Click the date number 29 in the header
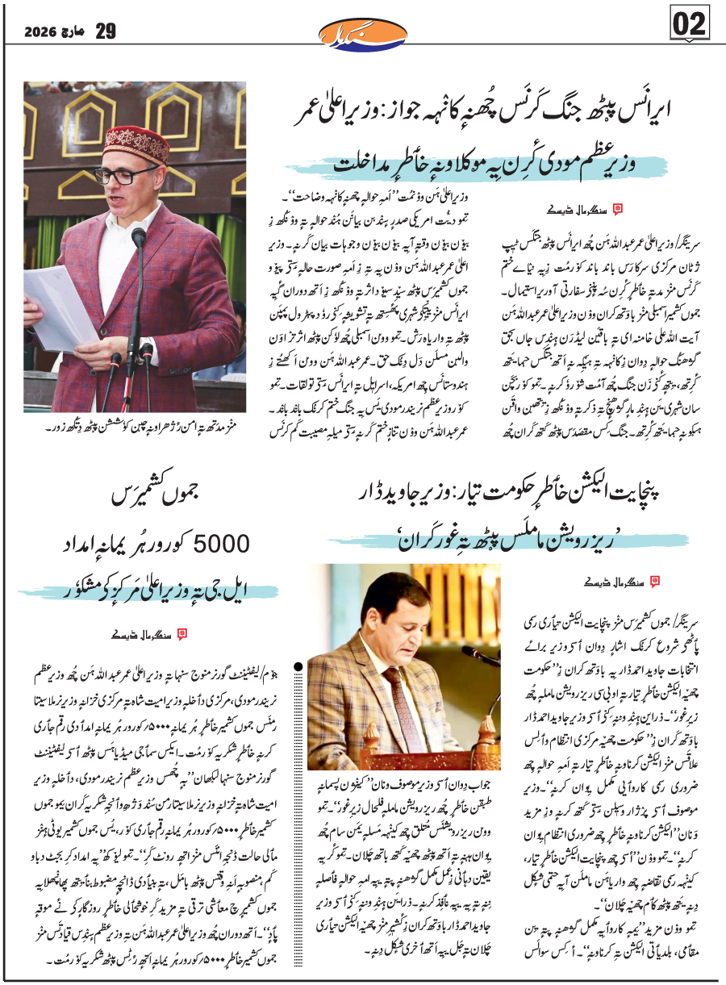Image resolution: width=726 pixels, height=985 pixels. coord(106,31)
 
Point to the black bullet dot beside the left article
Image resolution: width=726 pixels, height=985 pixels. coord(299,666)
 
